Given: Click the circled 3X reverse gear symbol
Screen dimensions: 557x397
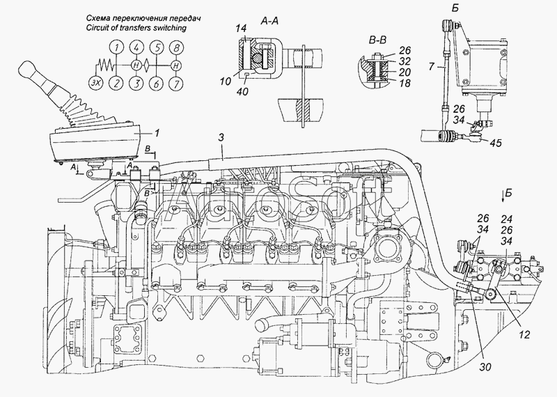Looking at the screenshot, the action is coord(95,83).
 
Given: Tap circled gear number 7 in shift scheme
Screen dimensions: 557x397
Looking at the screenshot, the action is coord(176,84).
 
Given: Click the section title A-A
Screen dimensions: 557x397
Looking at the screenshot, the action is coord(269,22).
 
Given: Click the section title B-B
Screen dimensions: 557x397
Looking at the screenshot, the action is coord(377,40).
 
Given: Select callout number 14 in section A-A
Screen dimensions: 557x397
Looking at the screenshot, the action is coord(242,29).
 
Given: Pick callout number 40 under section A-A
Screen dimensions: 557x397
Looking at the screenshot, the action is coord(242,92).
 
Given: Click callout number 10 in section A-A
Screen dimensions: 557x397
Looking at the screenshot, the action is coord(225,81).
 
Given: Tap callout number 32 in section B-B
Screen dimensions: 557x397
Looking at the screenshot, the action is coord(405,61).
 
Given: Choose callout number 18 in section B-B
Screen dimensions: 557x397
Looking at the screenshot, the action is coord(405,83).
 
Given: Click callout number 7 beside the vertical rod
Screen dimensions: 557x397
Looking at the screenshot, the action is coord(431,66).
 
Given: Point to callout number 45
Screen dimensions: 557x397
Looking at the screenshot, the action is coord(496,143).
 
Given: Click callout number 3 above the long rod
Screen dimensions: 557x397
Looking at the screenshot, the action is coord(221,138).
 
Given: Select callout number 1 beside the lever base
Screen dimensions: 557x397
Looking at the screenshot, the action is coord(156,133).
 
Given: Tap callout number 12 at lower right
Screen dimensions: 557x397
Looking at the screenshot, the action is coord(524,334).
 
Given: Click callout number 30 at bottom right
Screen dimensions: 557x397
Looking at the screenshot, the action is coord(485,366).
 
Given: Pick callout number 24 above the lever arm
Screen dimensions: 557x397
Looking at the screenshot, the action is coord(507,219).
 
